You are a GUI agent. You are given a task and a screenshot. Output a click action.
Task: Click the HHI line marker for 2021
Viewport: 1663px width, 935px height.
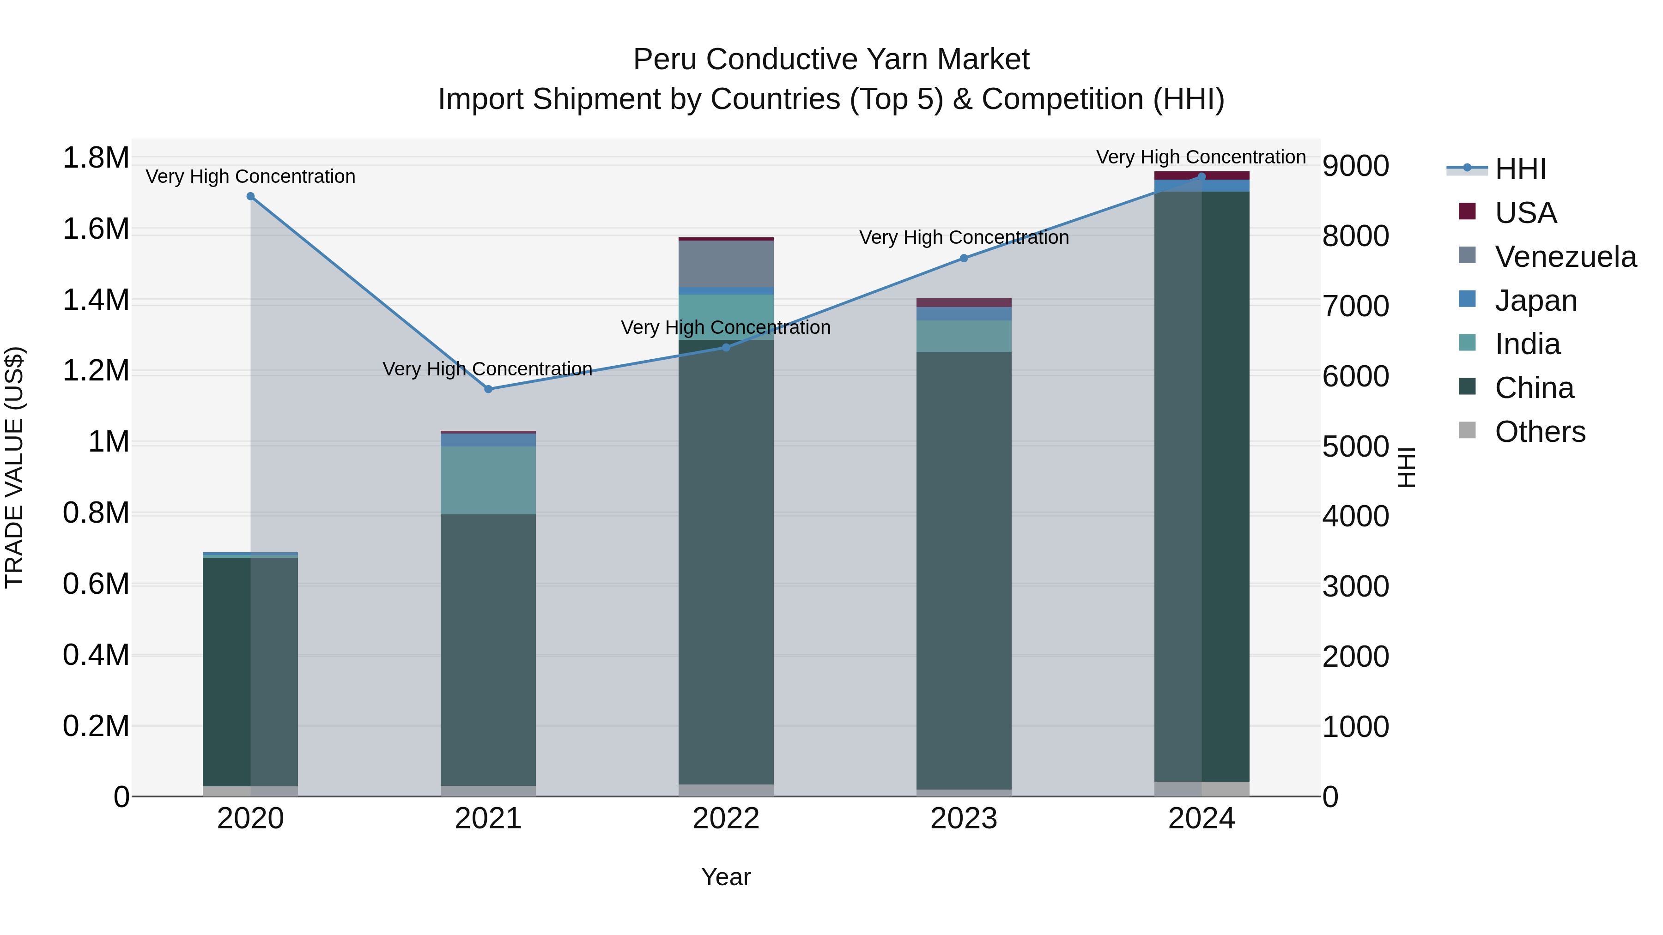click(x=488, y=389)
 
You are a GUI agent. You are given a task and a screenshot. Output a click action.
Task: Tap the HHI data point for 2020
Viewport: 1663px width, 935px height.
click(x=250, y=196)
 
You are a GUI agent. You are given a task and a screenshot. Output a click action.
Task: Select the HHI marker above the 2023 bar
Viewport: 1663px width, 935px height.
click(x=964, y=258)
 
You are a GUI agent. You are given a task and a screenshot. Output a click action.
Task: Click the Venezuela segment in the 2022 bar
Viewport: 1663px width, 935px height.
click(x=726, y=264)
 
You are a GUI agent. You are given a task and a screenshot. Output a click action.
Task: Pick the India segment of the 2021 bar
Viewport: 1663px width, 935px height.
click(x=488, y=480)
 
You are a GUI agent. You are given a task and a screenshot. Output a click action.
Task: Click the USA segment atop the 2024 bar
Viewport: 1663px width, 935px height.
click(x=1202, y=175)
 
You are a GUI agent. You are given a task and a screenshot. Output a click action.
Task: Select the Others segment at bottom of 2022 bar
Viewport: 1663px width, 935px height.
click(x=726, y=790)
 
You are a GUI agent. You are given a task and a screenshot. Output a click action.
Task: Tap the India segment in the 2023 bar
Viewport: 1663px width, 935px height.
click(x=964, y=336)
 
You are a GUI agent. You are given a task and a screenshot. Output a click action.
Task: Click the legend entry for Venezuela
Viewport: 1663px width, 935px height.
click(x=1565, y=257)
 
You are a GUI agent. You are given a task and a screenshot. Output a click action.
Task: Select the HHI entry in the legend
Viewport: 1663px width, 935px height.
click(x=1520, y=169)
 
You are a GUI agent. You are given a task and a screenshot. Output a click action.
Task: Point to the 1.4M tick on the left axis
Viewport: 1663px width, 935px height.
click(x=96, y=301)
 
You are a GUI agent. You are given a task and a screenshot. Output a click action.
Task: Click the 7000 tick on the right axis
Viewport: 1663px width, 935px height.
click(x=1355, y=307)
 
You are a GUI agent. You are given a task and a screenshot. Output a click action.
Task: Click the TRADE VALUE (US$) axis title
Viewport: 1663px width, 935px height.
click(x=14, y=467)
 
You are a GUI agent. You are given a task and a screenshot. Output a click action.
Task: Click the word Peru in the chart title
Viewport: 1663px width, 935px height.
click(x=664, y=60)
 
